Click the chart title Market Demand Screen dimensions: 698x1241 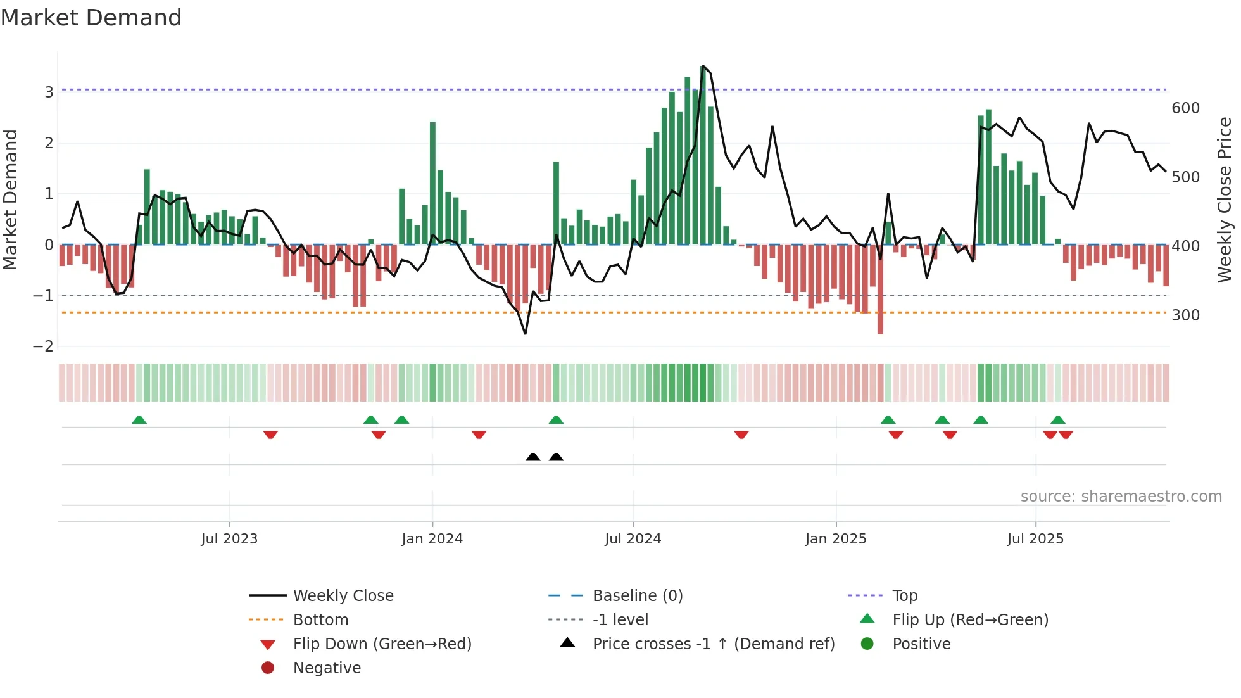[91, 18]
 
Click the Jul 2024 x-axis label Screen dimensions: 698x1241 [633, 539]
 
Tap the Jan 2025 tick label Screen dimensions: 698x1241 [835, 539]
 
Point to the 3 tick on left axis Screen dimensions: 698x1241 [49, 92]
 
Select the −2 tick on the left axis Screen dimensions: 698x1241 [44, 346]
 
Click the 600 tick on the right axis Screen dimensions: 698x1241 [1185, 108]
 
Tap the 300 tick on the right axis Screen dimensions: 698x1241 [1185, 315]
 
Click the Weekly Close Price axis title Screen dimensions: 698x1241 [1225, 200]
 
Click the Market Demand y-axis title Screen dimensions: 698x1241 [10, 200]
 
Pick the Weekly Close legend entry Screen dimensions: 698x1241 [343, 596]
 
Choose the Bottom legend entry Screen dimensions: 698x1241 [320, 620]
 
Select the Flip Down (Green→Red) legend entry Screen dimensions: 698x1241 [382, 644]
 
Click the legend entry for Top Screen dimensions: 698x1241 [905, 596]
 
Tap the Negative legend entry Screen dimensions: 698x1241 [327, 668]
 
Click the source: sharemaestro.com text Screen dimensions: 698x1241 [1121, 497]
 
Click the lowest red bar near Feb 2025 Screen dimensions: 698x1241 [880, 291]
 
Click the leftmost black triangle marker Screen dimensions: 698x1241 [533, 457]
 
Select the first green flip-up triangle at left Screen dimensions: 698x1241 [139, 420]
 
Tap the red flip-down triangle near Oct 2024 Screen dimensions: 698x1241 [741, 435]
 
